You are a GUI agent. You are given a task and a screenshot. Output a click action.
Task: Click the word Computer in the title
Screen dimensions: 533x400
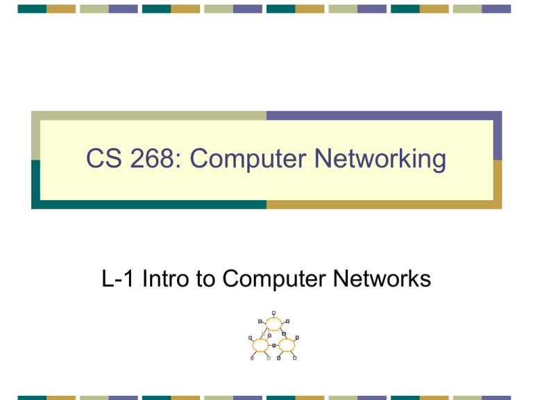click(x=248, y=159)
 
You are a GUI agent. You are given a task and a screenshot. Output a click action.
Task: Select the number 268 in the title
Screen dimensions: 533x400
click(x=152, y=158)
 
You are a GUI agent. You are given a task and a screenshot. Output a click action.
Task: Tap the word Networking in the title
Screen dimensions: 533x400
click(x=380, y=159)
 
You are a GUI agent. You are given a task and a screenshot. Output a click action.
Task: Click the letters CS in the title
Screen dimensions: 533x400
click(x=103, y=158)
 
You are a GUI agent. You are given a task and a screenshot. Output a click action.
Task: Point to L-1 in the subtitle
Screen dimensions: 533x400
click(x=117, y=278)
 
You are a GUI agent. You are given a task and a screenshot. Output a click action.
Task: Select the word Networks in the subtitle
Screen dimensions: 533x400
click(x=382, y=278)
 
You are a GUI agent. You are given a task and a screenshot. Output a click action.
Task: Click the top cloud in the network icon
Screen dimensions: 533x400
click(x=273, y=324)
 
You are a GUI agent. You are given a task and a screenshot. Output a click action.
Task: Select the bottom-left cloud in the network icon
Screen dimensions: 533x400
click(x=260, y=345)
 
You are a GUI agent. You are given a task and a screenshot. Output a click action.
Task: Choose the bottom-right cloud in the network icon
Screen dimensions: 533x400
click(x=287, y=345)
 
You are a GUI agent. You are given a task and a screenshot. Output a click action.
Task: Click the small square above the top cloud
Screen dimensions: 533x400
click(x=273, y=312)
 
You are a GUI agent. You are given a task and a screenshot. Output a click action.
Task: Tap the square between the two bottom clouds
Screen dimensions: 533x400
click(x=274, y=346)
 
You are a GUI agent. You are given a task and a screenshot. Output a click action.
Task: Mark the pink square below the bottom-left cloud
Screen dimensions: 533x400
click(x=252, y=358)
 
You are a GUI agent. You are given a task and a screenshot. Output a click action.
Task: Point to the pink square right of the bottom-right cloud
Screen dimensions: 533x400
click(x=297, y=337)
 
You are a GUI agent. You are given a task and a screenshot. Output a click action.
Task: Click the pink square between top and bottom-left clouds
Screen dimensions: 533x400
click(x=269, y=335)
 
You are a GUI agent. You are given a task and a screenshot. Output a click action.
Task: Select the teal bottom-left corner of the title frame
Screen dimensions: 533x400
click(x=35, y=204)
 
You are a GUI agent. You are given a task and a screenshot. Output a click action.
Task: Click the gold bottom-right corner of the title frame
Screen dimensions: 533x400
click(x=498, y=204)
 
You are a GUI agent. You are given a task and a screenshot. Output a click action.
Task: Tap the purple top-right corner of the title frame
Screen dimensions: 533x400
click(x=498, y=116)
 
